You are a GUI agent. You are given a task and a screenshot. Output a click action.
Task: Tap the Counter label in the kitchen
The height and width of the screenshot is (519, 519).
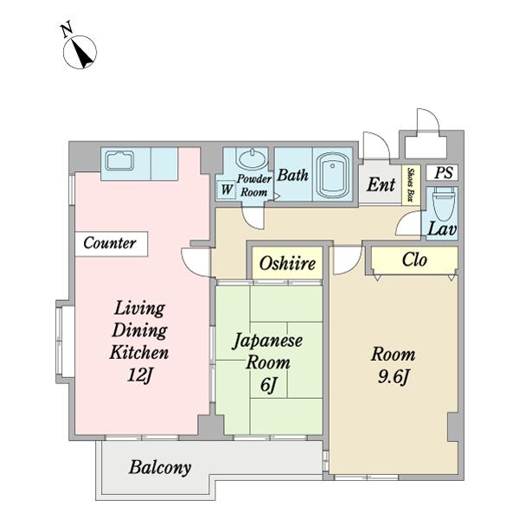(x=109, y=244)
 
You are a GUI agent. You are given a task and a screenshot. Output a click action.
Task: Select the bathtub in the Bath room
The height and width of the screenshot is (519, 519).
(x=332, y=176)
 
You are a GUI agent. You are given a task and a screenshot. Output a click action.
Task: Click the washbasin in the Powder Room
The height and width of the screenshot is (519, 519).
(x=253, y=160)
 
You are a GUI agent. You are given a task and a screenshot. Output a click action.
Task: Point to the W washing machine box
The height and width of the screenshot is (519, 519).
(x=226, y=189)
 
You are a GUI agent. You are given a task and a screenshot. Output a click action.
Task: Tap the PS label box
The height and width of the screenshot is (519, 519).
(x=444, y=173)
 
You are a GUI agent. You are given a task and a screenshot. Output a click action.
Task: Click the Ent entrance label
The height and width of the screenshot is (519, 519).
(x=381, y=184)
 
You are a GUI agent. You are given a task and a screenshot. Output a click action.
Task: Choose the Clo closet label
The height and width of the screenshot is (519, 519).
(x=413, y=259)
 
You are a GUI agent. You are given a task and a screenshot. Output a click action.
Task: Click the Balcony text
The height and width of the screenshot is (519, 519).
(x=160, y=468)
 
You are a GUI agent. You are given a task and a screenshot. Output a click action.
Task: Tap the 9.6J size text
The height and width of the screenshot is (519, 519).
(x=394, y=377)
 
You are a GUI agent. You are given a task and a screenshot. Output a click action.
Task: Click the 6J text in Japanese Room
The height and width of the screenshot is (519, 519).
(x=267, y=385)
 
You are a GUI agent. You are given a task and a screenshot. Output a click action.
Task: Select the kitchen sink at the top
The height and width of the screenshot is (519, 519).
(x=119, y=162)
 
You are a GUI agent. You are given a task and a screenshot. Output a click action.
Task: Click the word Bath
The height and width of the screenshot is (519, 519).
(x=292, y=175)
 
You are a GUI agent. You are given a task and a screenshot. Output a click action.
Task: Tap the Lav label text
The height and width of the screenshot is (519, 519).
(x=443, y=230)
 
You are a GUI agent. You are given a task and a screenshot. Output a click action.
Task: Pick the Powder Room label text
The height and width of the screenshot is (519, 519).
(x=254, y=185)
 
